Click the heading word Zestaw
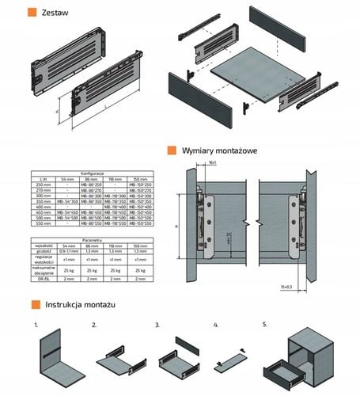[x=55, y=13]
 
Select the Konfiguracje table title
[x=93, y=173]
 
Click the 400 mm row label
[x=40, y=206]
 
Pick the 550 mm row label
[x=40, y=223]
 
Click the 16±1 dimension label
[x=214, y=163]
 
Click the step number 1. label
[x=36, y=326]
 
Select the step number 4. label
[x=216, y=326]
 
